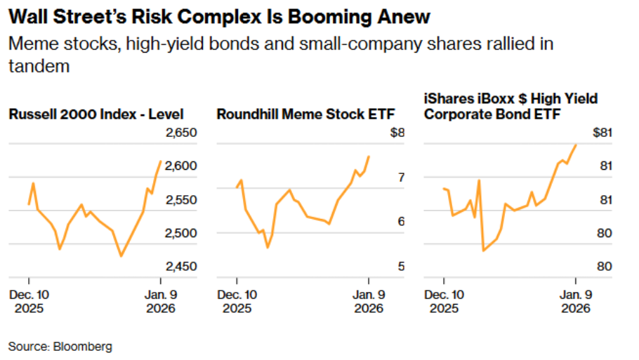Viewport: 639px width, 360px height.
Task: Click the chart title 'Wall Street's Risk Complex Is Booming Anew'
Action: coord(219,16)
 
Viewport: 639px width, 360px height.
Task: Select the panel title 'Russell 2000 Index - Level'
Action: coord(96,114)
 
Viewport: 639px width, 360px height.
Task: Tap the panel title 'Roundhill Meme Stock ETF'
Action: coord(305,114)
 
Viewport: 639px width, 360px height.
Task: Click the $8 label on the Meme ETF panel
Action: coord(398,133)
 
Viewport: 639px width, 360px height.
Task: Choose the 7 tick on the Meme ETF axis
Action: coord(401,178)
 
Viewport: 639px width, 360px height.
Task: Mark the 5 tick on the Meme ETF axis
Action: coord(401,267)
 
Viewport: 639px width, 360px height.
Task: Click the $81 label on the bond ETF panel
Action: coord(602,133)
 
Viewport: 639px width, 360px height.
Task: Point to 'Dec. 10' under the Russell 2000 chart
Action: coord(28,295)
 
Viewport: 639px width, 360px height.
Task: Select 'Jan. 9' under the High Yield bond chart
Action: coord(575,295)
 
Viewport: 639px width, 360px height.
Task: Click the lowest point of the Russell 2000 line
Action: coord(121,256)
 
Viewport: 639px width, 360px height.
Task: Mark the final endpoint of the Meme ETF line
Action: coord(369,156)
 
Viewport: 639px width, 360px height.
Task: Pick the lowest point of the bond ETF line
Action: coord(483,251)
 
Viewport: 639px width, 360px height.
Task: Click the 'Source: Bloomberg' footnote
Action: coord(60,347)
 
